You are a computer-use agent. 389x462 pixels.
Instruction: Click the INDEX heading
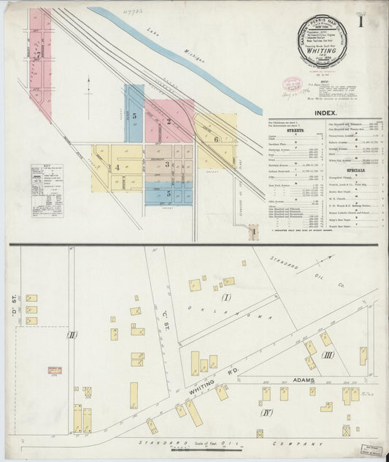[325, 113]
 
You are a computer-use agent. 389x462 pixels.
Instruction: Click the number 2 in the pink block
[169, 121]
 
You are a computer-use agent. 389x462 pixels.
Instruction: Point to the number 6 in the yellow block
[216, 138]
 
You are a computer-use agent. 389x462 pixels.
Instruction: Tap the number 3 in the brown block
[167, 164]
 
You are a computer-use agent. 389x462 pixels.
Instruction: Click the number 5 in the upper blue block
[134, 115]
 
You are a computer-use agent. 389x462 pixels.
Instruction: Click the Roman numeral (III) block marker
[326, 355]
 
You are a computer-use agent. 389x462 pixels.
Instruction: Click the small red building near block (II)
[55, 371]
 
